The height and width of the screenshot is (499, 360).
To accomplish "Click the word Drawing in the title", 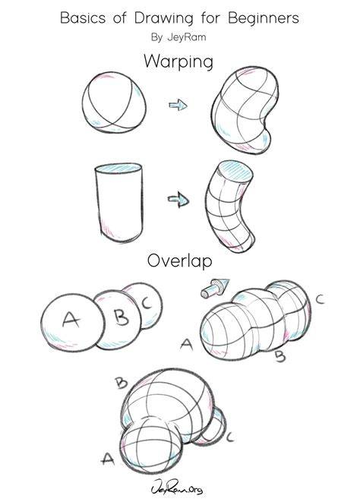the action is tap(163, 19).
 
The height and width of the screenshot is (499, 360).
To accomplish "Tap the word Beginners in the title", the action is tap(264, 19).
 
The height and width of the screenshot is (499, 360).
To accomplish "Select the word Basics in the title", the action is tap(83, 17).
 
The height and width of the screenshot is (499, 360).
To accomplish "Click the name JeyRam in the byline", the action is tap(187, 37).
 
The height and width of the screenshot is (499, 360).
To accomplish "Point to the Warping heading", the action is tap(178, 62).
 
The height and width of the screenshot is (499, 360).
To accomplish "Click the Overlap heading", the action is tap(179, 261).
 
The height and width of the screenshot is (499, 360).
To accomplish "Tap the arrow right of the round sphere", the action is tap(178, 105).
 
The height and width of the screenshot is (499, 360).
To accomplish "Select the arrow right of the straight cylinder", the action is tap(178, 200).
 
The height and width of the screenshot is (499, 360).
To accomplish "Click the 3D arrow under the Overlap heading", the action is tap(215, 287).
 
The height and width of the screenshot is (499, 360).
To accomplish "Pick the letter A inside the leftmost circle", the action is tap(71, 319).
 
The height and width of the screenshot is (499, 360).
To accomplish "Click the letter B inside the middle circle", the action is tap(122, 317).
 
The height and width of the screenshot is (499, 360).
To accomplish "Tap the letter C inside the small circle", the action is tap(147, 302).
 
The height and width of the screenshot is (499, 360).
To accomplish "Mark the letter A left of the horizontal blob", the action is tap(187, 344).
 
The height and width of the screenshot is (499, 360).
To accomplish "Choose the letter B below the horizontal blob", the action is tap(280, 356).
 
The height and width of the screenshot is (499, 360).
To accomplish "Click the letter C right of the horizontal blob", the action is tap(320, 299).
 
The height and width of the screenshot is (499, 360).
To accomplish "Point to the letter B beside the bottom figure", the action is tap(122, 382).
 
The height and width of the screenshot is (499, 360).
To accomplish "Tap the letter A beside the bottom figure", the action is tap(108, 458).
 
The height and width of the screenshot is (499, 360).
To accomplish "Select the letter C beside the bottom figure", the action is tap(230, 437).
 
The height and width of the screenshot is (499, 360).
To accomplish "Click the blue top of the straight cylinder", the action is tap(118, 169).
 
